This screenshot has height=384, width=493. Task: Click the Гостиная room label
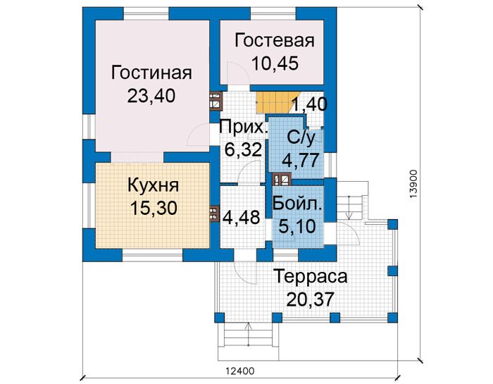tap(151, 73)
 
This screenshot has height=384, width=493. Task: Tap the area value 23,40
tap(151, 96)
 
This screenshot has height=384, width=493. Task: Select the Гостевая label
tap(275, 41)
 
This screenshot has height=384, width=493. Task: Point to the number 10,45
tap(275, 63)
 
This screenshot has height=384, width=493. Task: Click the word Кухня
tap(153, 185)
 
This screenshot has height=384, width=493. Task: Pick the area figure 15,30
tap(154, 208)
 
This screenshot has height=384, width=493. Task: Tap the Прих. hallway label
tap(244, 128)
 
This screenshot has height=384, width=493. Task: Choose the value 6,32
tap(243, 149)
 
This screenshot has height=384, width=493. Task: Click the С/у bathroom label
tap(301, 138)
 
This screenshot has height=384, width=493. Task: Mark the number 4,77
tap(301, 160)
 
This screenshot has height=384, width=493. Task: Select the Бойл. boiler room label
tap(297, 204)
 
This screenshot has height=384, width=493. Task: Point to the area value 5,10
tap(297, 226)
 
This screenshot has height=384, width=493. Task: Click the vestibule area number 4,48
tap(242, 217)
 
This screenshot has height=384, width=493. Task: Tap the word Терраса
tap(311, 277)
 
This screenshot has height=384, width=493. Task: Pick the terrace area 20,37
tap(310, 299)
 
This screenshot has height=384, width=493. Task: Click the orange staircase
tap(276, 103)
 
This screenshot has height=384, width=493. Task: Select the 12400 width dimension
tap(240, 371)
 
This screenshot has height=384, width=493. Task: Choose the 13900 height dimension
tap(413, 184)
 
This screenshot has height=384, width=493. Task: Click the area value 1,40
tap(310, 104)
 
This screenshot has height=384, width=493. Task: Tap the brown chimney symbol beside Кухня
tap(214, 214)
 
